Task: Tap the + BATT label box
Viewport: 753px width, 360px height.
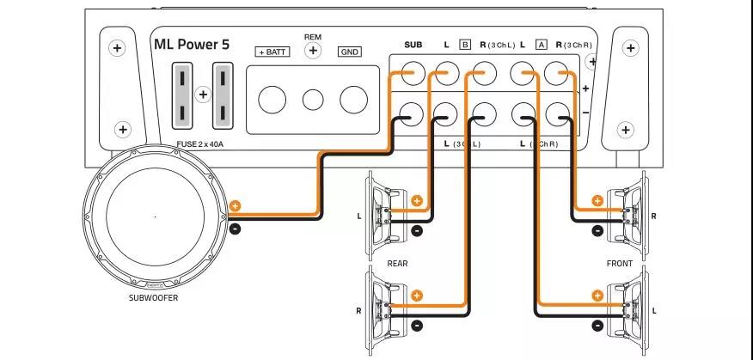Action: point(272,52)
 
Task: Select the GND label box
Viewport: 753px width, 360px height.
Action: point(350,52)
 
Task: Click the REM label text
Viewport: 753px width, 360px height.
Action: point(313,37)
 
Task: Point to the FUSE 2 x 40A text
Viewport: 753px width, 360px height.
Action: point(199,144)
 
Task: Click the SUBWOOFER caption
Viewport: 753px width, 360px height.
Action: point(154,299)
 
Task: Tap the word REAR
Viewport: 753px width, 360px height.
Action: point(397,264)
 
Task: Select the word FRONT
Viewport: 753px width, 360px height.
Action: point(619,264)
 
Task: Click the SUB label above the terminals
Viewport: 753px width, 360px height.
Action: point(413,44)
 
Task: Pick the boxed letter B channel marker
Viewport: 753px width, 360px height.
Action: point(465,44)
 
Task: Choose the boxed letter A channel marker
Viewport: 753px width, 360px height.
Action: point(541,44)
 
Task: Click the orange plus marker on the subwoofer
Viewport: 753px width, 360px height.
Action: point(236,207)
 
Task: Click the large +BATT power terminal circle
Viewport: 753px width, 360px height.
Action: point(272,100)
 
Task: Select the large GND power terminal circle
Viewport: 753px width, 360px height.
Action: point(353,100)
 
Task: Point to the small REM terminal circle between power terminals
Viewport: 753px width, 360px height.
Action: point(313,100)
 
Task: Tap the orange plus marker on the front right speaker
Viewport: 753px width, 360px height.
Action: point(597,201)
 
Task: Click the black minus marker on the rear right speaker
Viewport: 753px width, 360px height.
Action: point(417,325)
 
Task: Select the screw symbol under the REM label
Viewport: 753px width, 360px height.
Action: point(313,52)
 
